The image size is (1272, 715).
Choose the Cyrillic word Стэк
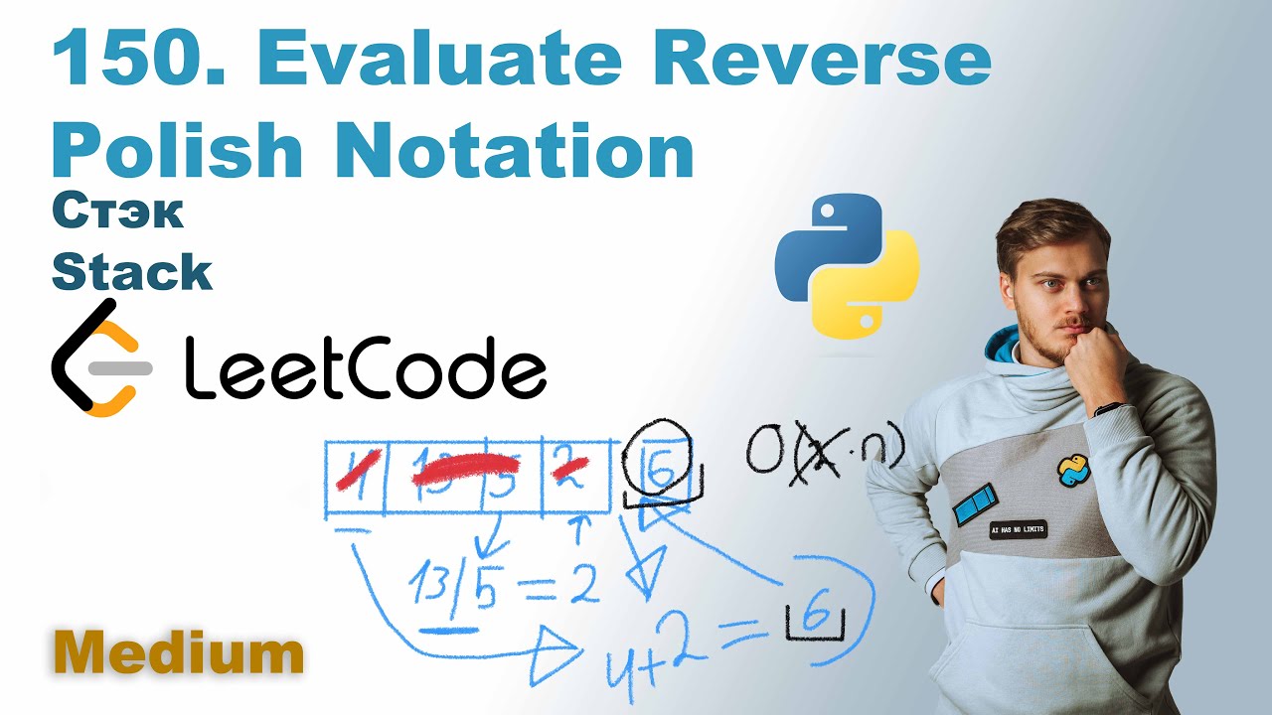117,214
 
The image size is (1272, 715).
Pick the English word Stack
131,272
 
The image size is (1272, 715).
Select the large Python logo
847,265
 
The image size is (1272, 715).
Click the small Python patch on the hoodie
1072,470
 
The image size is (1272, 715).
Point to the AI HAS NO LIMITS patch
1018,530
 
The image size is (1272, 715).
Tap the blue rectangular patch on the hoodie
974,504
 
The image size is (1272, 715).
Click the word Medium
179,653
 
